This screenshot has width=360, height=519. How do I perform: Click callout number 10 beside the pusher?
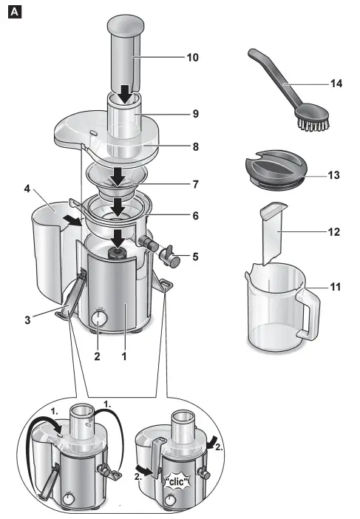coord(194,57)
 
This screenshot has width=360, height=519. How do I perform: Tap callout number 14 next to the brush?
coord(336,84)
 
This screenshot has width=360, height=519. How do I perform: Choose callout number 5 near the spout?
coord(195,257)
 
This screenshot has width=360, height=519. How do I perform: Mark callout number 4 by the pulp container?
coord(27,189)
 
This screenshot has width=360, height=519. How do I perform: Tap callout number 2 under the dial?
coord(96,354)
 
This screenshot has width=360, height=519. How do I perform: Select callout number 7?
coord(195,183)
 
